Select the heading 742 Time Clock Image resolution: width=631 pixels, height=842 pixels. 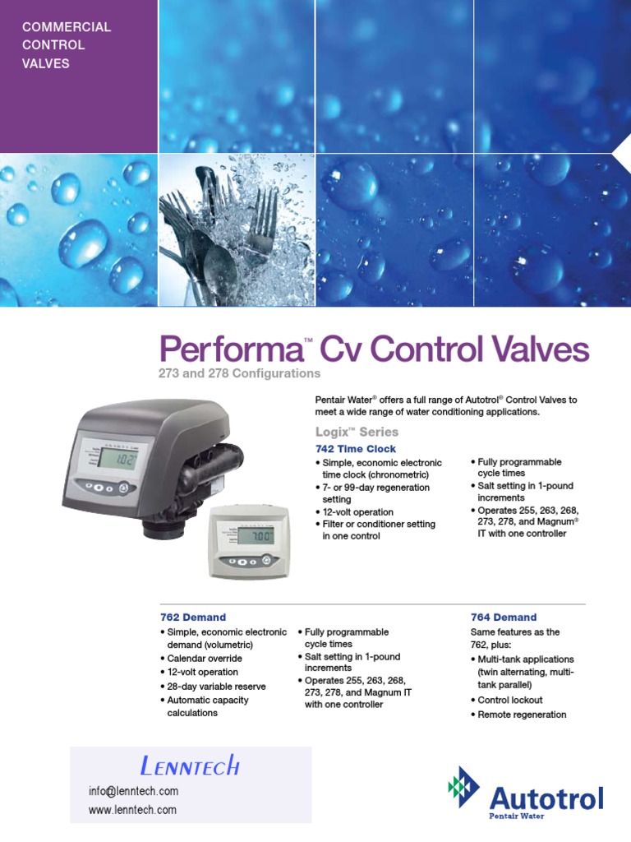click(356, 449)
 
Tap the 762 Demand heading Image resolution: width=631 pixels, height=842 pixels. click(192, 617)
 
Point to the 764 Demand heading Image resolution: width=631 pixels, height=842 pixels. click(504, 617)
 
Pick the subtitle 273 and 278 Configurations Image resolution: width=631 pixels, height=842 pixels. click(239, 373)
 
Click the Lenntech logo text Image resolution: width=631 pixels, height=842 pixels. click(190, 767)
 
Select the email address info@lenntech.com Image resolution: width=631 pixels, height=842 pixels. click(133, 791)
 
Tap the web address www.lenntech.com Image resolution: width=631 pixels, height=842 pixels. click(132, 810)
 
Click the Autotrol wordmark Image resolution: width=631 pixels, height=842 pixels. click(546, 798)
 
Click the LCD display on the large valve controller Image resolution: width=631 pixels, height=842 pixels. click(113, 460)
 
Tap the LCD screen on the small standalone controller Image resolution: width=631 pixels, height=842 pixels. click(251, 536)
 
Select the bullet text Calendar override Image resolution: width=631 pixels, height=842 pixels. click(205, 659)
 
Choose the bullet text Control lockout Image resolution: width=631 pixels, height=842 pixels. click(507, 701)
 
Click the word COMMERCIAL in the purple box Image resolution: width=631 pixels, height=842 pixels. click(67, 27)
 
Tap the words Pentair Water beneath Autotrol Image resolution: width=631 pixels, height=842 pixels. click(518, 816)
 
